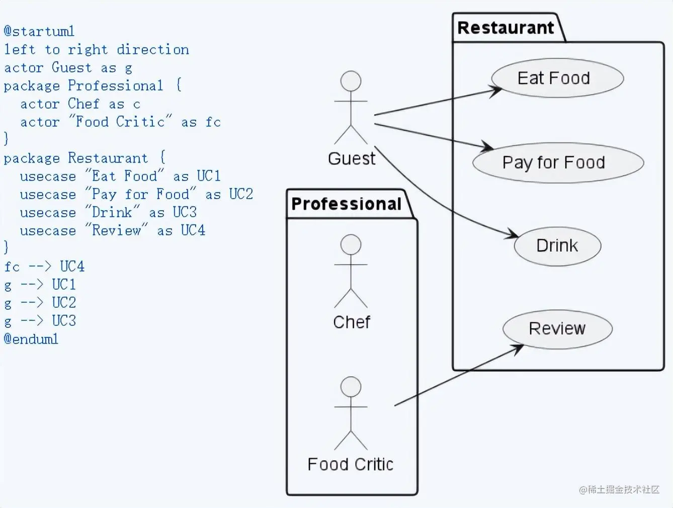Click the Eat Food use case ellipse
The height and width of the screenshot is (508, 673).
557,78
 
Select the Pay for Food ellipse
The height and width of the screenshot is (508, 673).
558,162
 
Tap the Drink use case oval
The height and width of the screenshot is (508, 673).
557,246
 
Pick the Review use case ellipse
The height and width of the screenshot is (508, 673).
557,329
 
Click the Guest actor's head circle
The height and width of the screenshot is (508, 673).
351,81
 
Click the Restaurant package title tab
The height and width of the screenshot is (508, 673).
506,28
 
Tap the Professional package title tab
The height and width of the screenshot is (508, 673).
347,204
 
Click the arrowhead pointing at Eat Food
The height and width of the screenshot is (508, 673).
497,90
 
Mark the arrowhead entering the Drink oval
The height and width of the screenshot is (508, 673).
515,234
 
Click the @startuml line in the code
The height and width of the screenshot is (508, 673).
39,31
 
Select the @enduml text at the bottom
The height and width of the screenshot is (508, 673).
31,339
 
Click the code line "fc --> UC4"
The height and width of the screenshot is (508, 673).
44,267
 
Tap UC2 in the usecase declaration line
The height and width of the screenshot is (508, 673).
241,194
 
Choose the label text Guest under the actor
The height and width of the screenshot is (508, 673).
352,159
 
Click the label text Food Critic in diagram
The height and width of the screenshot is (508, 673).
350,464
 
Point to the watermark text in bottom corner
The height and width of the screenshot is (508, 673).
619,489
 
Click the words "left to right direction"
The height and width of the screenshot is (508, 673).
97,49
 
